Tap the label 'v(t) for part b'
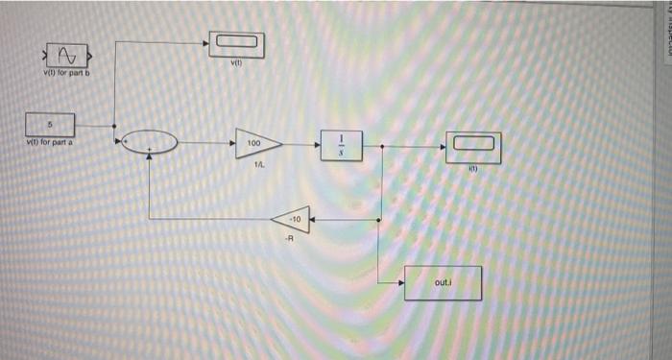pyautogui.click(x=65, y=74)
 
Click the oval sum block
pyautogui.click(x=149, y=143)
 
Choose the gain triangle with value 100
pyautogui.click(x=258, y=143)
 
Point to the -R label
pyautogui.click(x=289, y=240)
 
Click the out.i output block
pyautogui.click(x=442, y=282)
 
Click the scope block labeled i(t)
pyautogui.click(x=472, y=146)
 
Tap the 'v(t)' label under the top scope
pyautogui.click(x=235, y=64)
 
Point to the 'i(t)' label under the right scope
pyautogui.click(x=472, y=168)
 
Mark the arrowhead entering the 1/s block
pyautogui.click(x=322, y=144)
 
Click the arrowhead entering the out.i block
pyautogui.click(x=400, y=282)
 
